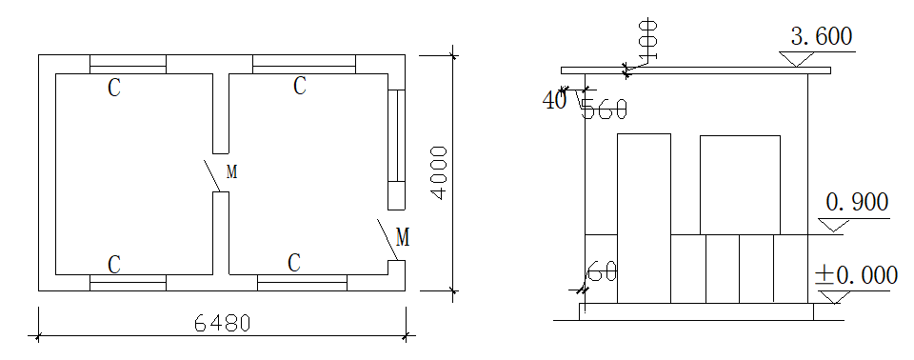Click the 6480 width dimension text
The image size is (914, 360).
[222, 323]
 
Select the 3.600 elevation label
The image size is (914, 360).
[822, 37]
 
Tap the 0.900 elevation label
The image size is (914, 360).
[858, 203]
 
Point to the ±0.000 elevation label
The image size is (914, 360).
[856, 275]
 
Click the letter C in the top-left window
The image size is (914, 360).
[114, 89]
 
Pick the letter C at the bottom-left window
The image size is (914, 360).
[114, 265]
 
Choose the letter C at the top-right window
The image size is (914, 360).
[300, 86]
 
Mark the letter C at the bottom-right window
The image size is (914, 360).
[294, 263]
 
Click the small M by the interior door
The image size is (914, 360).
[232, 172]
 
